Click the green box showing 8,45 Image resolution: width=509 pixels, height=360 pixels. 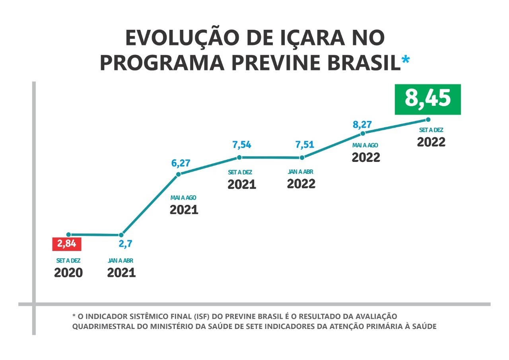(427, 99)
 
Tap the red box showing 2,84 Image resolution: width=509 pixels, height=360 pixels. (67, 244)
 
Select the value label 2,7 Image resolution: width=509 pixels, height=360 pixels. (125, 243)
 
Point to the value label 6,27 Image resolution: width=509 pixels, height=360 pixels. (181, 163)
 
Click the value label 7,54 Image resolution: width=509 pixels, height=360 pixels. (241, 145)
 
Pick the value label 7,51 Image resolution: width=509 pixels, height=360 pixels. (305, 144)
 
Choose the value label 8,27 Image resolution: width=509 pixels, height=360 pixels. (362, 125)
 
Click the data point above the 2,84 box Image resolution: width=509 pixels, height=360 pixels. (68, 235)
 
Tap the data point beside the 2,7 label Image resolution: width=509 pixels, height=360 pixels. (121, 235)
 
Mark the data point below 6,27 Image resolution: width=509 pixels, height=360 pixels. (179, 174)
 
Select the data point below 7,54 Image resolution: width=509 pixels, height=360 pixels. (239, 157)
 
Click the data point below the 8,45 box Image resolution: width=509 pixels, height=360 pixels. (428, 120)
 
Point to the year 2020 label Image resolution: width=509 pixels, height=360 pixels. (68, 273)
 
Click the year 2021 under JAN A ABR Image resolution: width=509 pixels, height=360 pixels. (121, 273)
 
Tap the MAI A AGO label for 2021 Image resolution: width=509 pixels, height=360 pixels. (183, 198)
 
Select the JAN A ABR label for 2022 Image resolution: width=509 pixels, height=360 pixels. (300, 172)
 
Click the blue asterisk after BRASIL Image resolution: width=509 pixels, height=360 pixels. (406, 60)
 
